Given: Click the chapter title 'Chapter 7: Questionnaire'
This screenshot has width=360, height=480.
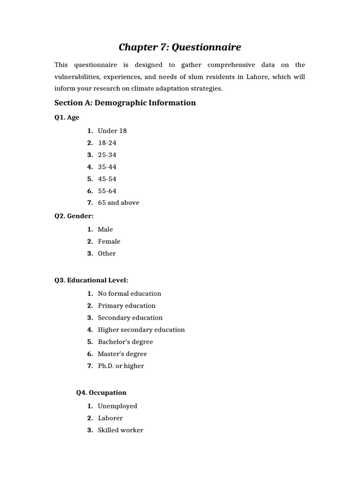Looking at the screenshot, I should point(180,47).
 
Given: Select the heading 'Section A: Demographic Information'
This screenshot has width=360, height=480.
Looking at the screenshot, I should point(125,103).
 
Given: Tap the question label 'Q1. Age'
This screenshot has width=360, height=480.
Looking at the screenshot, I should point(67,118).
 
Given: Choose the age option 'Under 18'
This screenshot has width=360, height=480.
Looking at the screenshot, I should point(112,131).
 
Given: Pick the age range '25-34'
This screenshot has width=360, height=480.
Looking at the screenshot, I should point(107,155).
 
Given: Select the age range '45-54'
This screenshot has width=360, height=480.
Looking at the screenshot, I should point(107,179).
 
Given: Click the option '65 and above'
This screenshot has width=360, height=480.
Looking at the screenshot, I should point(118,202).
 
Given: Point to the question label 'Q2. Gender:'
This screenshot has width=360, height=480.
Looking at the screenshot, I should point(74,216).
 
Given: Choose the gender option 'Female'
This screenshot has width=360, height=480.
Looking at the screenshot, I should point(109,241).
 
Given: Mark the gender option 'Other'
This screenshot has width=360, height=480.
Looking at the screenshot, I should point(106,253).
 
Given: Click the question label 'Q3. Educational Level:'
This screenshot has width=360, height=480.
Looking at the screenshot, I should point(91,280).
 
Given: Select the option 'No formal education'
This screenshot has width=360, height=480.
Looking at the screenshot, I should point(129,293).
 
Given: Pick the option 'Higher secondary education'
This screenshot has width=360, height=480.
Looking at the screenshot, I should point(141,330).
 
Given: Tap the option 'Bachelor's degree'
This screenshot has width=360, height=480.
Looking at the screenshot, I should point(125,342).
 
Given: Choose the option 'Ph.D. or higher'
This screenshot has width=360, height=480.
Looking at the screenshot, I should point(120,366).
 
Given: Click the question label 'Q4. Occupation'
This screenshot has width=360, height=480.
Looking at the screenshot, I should point(101,393).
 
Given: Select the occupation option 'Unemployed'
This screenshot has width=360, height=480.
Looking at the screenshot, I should point(117,406).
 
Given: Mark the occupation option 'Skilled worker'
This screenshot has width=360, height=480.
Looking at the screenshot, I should point(120,430).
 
